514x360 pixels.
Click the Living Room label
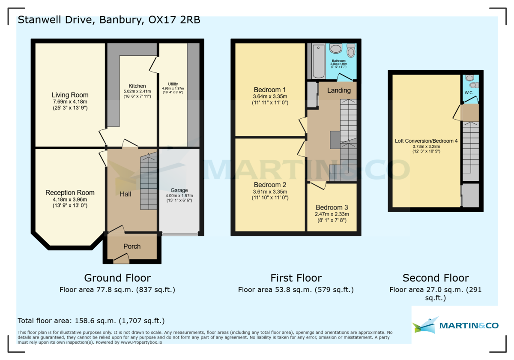[x=70, y=95]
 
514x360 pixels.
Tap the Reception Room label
[x=70, y=193]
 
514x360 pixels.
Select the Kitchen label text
[x=137, y=86]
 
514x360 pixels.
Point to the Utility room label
[x=173, y=84]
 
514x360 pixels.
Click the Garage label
[x=179, y=190]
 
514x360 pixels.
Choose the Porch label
[x=132, y=246]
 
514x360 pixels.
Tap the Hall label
[x=126, y=194]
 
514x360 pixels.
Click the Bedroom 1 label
[x=270, y=90]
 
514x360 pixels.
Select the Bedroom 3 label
[x=332, y=207]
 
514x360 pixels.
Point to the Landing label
[x=339, y=90]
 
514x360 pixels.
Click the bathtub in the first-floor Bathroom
[x=318, y=61]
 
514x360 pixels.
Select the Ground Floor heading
[x=117, y=278]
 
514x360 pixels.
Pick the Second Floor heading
[x=436, y=278]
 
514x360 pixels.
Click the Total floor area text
[x=91, y=321]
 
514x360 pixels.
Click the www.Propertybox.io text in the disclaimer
[x=142, y=342]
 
